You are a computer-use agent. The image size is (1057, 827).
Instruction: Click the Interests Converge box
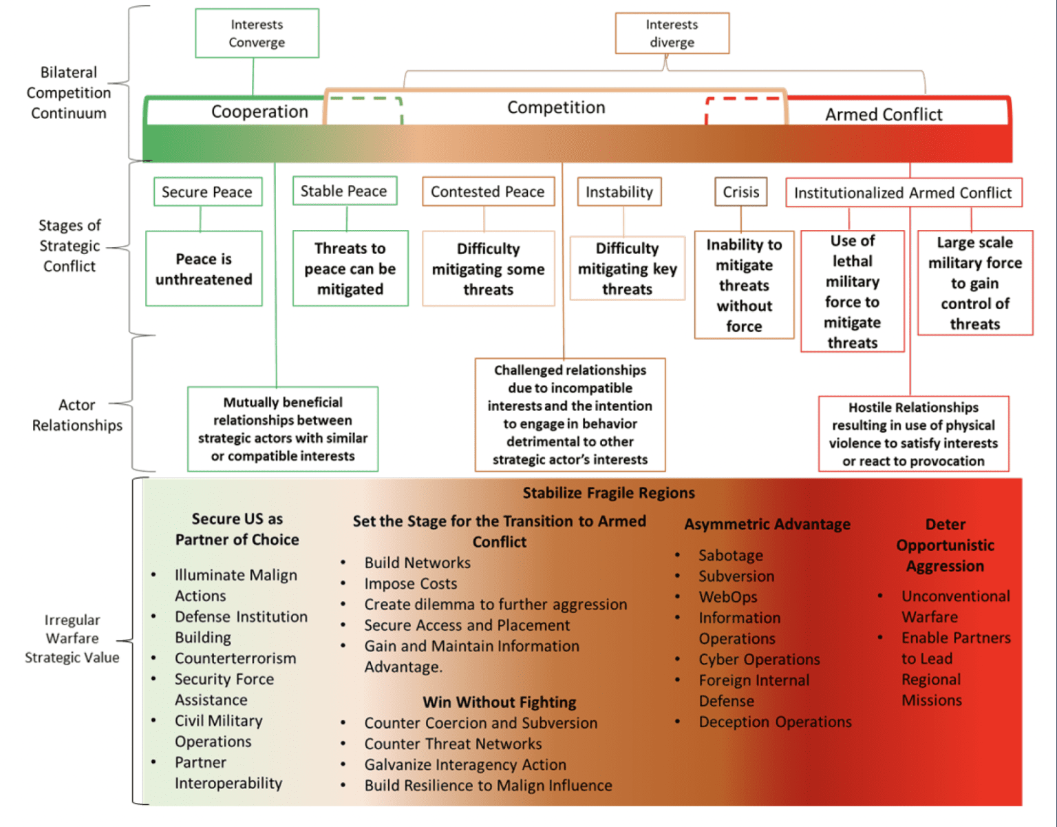[x=257, y=33]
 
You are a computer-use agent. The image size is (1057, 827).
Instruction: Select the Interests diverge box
[x=672, y=33]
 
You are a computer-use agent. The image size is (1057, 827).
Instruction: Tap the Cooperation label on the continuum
[x=259, y=112]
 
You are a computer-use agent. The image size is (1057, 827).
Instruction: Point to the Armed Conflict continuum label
[x=884, y=114]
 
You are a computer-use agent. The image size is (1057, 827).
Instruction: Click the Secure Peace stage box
[x=207, y=192]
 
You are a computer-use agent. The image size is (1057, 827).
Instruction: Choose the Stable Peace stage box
[x=344, y=191]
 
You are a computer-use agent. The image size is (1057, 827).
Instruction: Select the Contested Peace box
[x=487, y=192]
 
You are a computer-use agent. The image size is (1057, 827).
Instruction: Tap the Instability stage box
[x=619, y=192]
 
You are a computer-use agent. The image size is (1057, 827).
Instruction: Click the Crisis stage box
[x=740, y=192]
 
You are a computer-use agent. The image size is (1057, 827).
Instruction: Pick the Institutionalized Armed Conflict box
[x=903, y=193]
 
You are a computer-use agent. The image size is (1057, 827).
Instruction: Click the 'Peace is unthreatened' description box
[x=204, y=269]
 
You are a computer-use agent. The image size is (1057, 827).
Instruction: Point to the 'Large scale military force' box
[x=975, y=283]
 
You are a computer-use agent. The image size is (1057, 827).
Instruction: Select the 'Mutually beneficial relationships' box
[x=283, y=429]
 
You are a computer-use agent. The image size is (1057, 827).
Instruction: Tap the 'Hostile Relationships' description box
[x=913, y=434]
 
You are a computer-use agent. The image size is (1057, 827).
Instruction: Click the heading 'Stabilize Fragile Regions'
[x=608, y=493]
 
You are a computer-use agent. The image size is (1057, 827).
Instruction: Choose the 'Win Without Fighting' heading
[x=500, y=702]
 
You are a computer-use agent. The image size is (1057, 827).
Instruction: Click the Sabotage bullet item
[x=730, y=555]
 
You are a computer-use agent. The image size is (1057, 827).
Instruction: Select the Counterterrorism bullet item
[x=235, y=658]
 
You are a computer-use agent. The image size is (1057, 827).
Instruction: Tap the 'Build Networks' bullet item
[x=418, y=563]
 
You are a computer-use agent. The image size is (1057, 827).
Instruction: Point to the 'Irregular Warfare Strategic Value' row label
[x=72, y=638]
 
